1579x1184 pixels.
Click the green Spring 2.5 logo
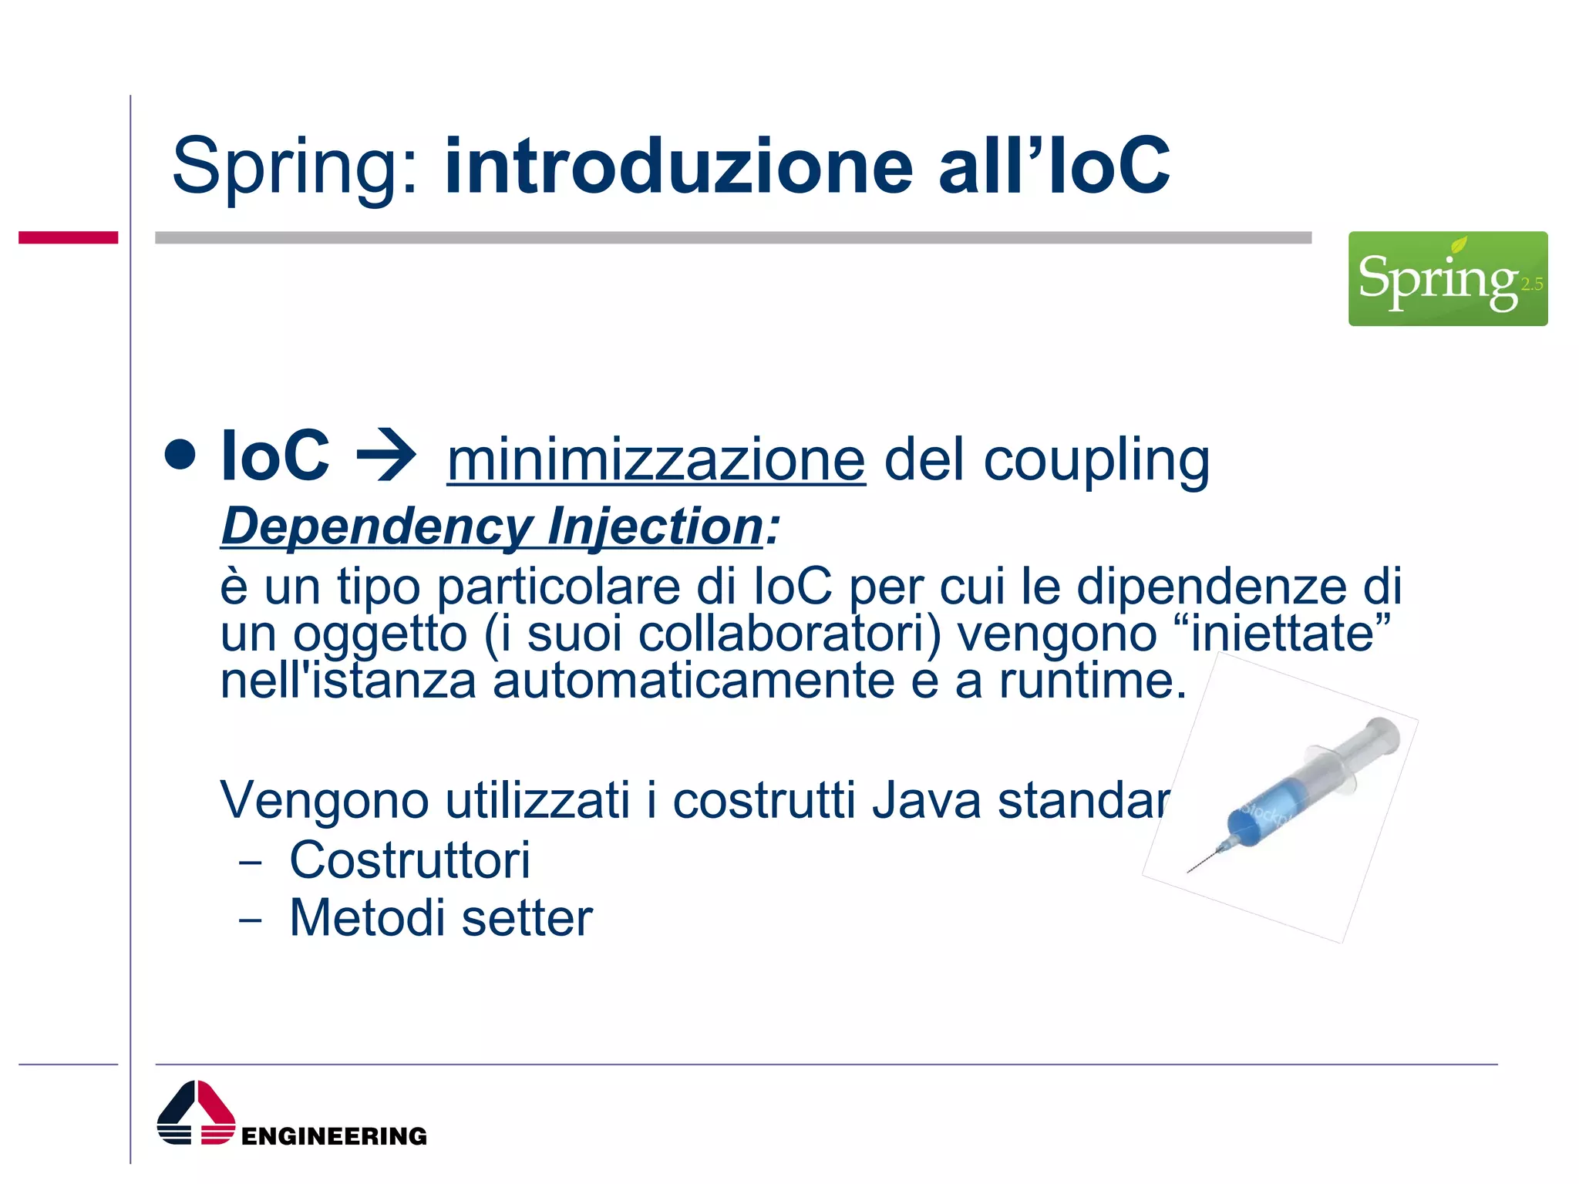click(x=1447, y=278)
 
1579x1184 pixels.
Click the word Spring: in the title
click(x=296, y=166)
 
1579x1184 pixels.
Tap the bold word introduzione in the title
click(x=678, y=166)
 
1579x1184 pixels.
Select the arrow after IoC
click(x=386, y=457)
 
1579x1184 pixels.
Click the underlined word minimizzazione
click(x=656, y=460)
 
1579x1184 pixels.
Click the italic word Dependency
click(x=376, y=527)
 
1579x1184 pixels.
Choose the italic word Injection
click(x=655, y=527)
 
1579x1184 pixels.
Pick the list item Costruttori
click(x=409, y=859)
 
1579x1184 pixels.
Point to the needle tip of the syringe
click(x=1190, y=871)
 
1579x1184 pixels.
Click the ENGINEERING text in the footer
click(x=334, y=1136)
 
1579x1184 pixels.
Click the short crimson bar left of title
click(x=68, y=237)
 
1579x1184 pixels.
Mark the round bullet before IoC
click(x=180, y=455)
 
